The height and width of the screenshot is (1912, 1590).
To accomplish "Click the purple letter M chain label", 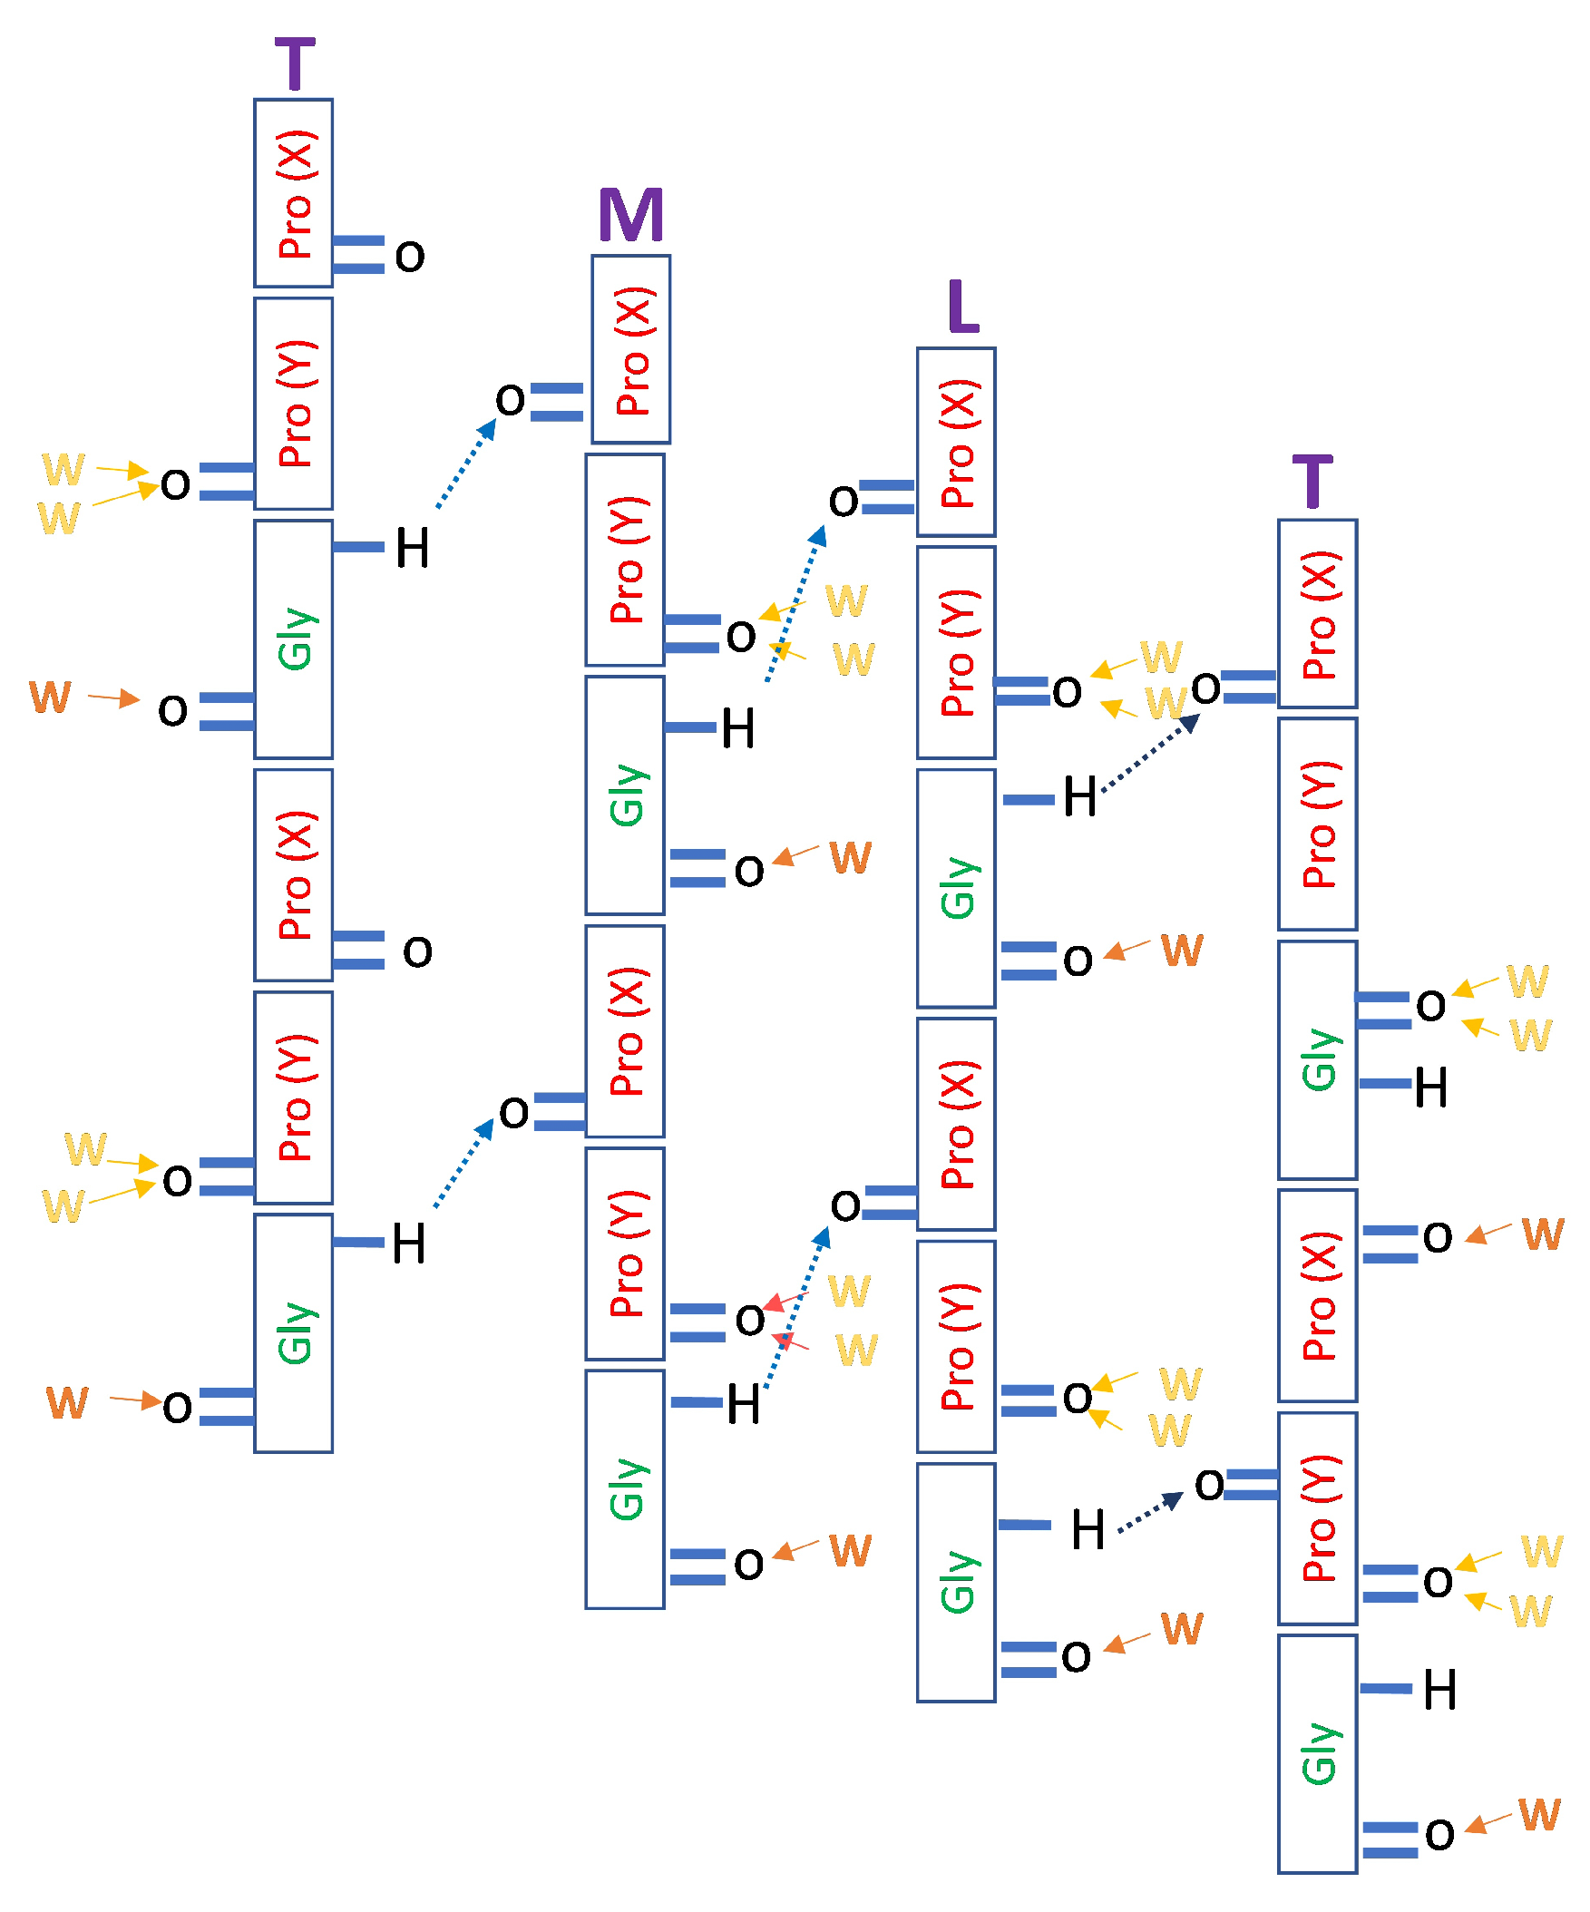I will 630,215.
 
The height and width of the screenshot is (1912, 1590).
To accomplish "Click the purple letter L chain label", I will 962,307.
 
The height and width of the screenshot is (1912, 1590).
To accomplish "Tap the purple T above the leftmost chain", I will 294,63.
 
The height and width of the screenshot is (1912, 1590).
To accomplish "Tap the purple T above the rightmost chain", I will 1312,482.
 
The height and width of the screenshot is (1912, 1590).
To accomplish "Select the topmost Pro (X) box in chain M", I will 630,349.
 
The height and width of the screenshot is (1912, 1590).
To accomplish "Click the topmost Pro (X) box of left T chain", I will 293,193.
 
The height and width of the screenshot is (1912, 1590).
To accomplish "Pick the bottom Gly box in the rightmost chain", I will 1317,1753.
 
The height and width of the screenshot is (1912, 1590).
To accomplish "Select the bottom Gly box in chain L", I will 955,1582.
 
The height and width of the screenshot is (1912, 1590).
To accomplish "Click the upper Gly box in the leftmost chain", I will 293,639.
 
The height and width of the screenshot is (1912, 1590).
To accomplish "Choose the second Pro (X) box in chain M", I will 625,1030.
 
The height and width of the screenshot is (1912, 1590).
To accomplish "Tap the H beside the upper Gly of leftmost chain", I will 412,549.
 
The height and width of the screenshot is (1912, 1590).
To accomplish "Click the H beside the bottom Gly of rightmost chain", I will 1439,1690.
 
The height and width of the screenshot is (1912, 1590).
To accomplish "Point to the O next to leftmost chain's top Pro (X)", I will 410,257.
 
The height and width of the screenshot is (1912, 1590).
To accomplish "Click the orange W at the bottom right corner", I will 1538,1814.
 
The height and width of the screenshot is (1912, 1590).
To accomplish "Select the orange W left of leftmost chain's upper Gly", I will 50,697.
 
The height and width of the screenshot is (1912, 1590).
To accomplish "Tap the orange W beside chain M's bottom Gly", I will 850,1550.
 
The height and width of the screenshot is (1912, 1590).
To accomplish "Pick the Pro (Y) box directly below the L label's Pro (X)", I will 955,652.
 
